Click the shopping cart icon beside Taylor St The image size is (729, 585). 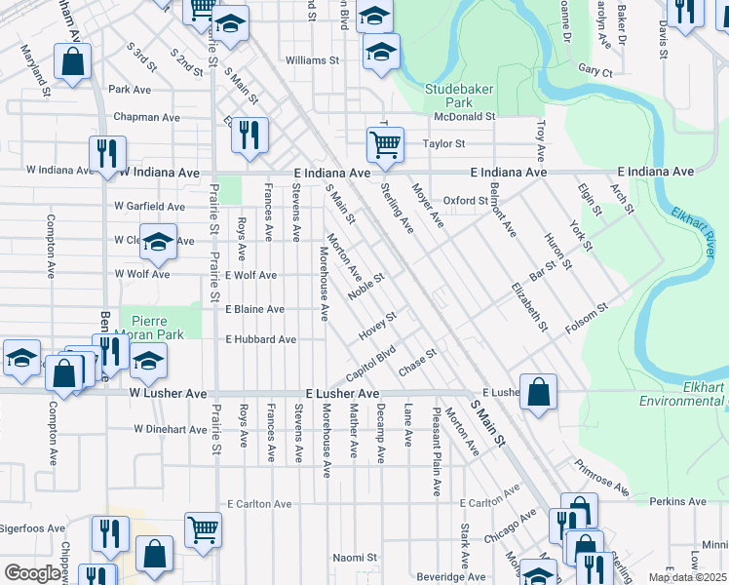pyautogui.click(x=386, y=145)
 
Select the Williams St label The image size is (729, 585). pyautogui.click(x=311, y=60)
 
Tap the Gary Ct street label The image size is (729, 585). pyautogui.click(x=595, y=71)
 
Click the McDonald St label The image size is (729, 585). pyautogui.click(x=465, y=116)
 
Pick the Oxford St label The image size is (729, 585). pyautogui.click(x=465, y=201)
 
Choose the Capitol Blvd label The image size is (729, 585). pyautogui.click(x=371, y=365)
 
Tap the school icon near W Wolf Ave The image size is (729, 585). pyautogui.click(x=157, y=244)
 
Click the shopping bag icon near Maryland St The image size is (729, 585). pyautogui.click(x=73, y=62)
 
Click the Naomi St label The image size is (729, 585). pyautogui.click(x=355, y=558)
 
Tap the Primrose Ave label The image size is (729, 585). pyautogui.click(x=601, y=476)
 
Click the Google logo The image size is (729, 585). pyautogui.click(x=33, y=573)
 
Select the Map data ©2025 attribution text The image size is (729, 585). pyautogui.click(x=687, y=577)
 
